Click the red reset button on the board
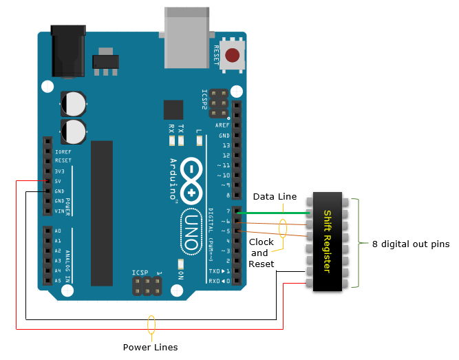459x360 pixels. click(x=232, y=55)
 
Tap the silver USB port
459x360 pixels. click(x=186, y=37)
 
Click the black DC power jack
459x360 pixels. click(x=68, y=51)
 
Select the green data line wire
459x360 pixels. click(x=273, y=213)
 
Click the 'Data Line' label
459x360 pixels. click(x=275, y=197)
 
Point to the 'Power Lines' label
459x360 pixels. click(x=151, y=347)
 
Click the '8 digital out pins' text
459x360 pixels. click(x=411, y=244)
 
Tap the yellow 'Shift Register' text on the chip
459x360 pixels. click(x=328, y=242)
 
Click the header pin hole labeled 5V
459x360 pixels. click(x=47, y=181)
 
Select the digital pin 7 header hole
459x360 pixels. click(x=237, y=211)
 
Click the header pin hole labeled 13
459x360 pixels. click(x=237, y=145)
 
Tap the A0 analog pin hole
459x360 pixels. click(x=47, y=231)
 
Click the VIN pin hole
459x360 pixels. click(x=47, y=211)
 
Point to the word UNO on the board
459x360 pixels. click(x=192, y=232)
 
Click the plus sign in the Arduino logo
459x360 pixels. click(x=191, y=193)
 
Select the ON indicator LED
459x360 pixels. click(x=181, y=264)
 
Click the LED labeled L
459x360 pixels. click(x=200, y=141)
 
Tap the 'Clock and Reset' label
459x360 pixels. click(x=261, y=253)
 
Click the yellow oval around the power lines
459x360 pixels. click(x=151, y=325)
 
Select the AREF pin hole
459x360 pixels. click(x=237, y=125)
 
